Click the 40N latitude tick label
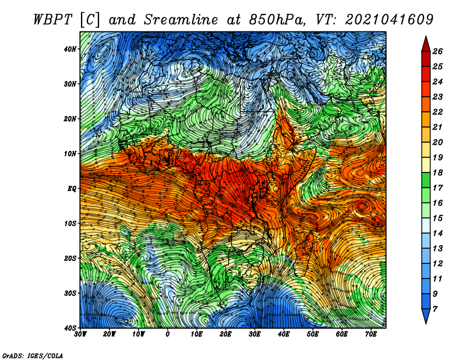click(x=70, y=49)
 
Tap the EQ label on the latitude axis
click(x=72, y=189)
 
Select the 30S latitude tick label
click(x=70, y=293)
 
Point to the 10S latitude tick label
click(x=70, y=223)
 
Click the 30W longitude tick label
click(x=80, y=334)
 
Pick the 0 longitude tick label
click(x=168, y=334)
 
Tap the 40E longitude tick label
click(x=284, y=334)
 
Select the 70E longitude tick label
click(x=370, y=334)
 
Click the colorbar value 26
click(x=437, y=51)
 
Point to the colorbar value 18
click(x=437, y=172)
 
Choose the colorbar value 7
click(x=435, y=309)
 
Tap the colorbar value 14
click(x=437, y=234)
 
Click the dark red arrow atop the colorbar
click(x=426, y=44)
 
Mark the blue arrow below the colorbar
click(x=426, y=316)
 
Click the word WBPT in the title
click(x=53, y=20)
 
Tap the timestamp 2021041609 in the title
click(x=389, y=20)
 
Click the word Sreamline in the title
click(x=181, y=20)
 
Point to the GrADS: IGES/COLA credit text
click(x=33, y=355)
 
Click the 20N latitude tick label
click(x=70, y=119)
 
